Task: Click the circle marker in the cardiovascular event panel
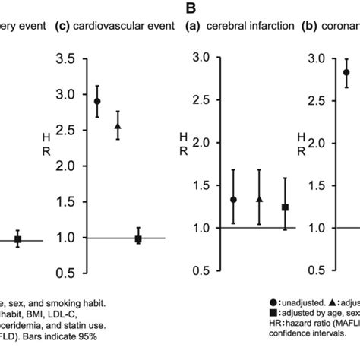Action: click(97, 101)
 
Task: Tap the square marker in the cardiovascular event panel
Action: click(138, 239)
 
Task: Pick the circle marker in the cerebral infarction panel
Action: click(233, 200)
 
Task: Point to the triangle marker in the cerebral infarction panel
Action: click(260, 199)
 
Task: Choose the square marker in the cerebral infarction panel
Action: click(286, 207)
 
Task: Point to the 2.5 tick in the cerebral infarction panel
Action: click(200, 100)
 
